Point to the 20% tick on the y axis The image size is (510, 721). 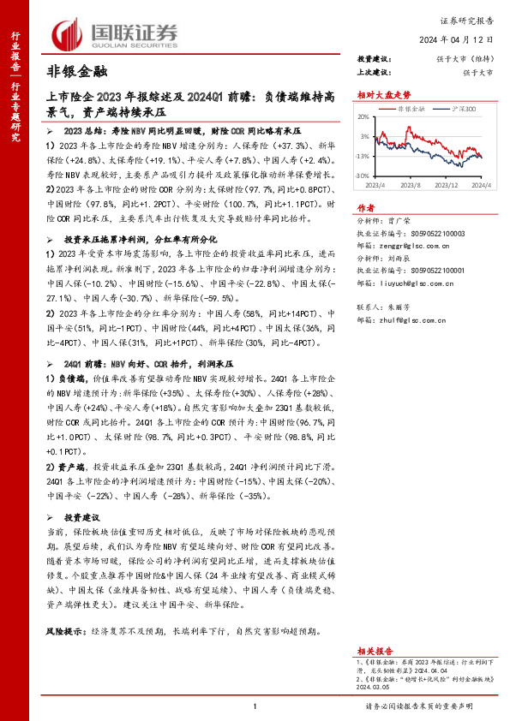coord(363,116)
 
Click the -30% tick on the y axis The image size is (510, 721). coord(363,176)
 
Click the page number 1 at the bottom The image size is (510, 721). coord(255,706)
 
